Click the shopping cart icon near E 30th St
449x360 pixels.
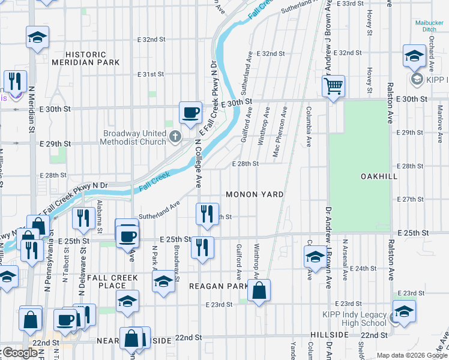point(333,85)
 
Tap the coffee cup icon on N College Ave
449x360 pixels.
point(190,112)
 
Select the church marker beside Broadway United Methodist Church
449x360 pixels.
point(175,137)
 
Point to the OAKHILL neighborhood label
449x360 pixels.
point(379,176)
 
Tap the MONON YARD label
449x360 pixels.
point(254,195)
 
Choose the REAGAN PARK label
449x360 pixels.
point(218,287)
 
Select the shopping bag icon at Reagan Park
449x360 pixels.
point(259,292)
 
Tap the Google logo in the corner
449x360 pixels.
point(20,353)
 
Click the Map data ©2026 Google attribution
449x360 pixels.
point(411,355)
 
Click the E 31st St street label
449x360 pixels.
point(150,74)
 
